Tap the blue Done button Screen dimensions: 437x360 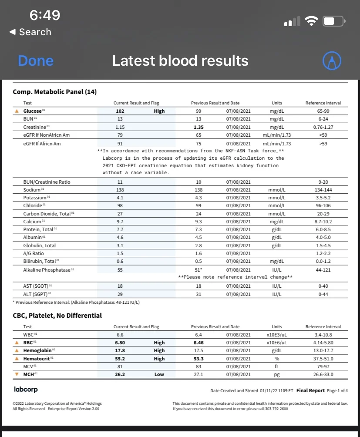36,61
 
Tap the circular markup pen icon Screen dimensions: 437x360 332,61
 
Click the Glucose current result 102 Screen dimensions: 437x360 120,111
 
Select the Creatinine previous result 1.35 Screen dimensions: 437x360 198,127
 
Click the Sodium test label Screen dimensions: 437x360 32,190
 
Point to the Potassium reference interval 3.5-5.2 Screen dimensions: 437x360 323,198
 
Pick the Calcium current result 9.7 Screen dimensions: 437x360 120,222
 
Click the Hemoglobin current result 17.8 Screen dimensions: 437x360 120,350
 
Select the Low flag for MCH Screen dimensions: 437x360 159,374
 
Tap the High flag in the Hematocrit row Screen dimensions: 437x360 159,359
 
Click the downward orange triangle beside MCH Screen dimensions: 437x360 17,374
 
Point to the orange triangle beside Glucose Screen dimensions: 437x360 17,111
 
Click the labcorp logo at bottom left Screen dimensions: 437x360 27,389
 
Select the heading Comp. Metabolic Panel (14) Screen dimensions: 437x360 54,92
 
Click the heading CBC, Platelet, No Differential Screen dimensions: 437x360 57,316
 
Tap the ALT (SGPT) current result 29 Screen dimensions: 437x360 120,294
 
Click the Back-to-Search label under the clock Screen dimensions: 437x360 30,32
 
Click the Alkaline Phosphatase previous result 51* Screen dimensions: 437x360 198,270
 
